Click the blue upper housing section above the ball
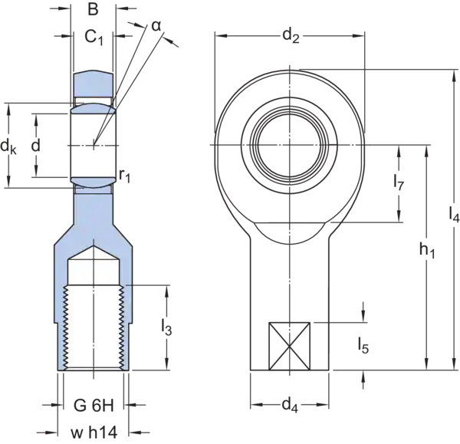94,84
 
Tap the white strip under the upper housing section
94,100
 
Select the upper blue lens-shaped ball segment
94,110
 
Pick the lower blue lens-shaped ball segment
94,182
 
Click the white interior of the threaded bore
94,322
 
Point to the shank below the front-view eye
289,284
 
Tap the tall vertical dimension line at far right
448,230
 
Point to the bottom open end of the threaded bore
94,373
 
